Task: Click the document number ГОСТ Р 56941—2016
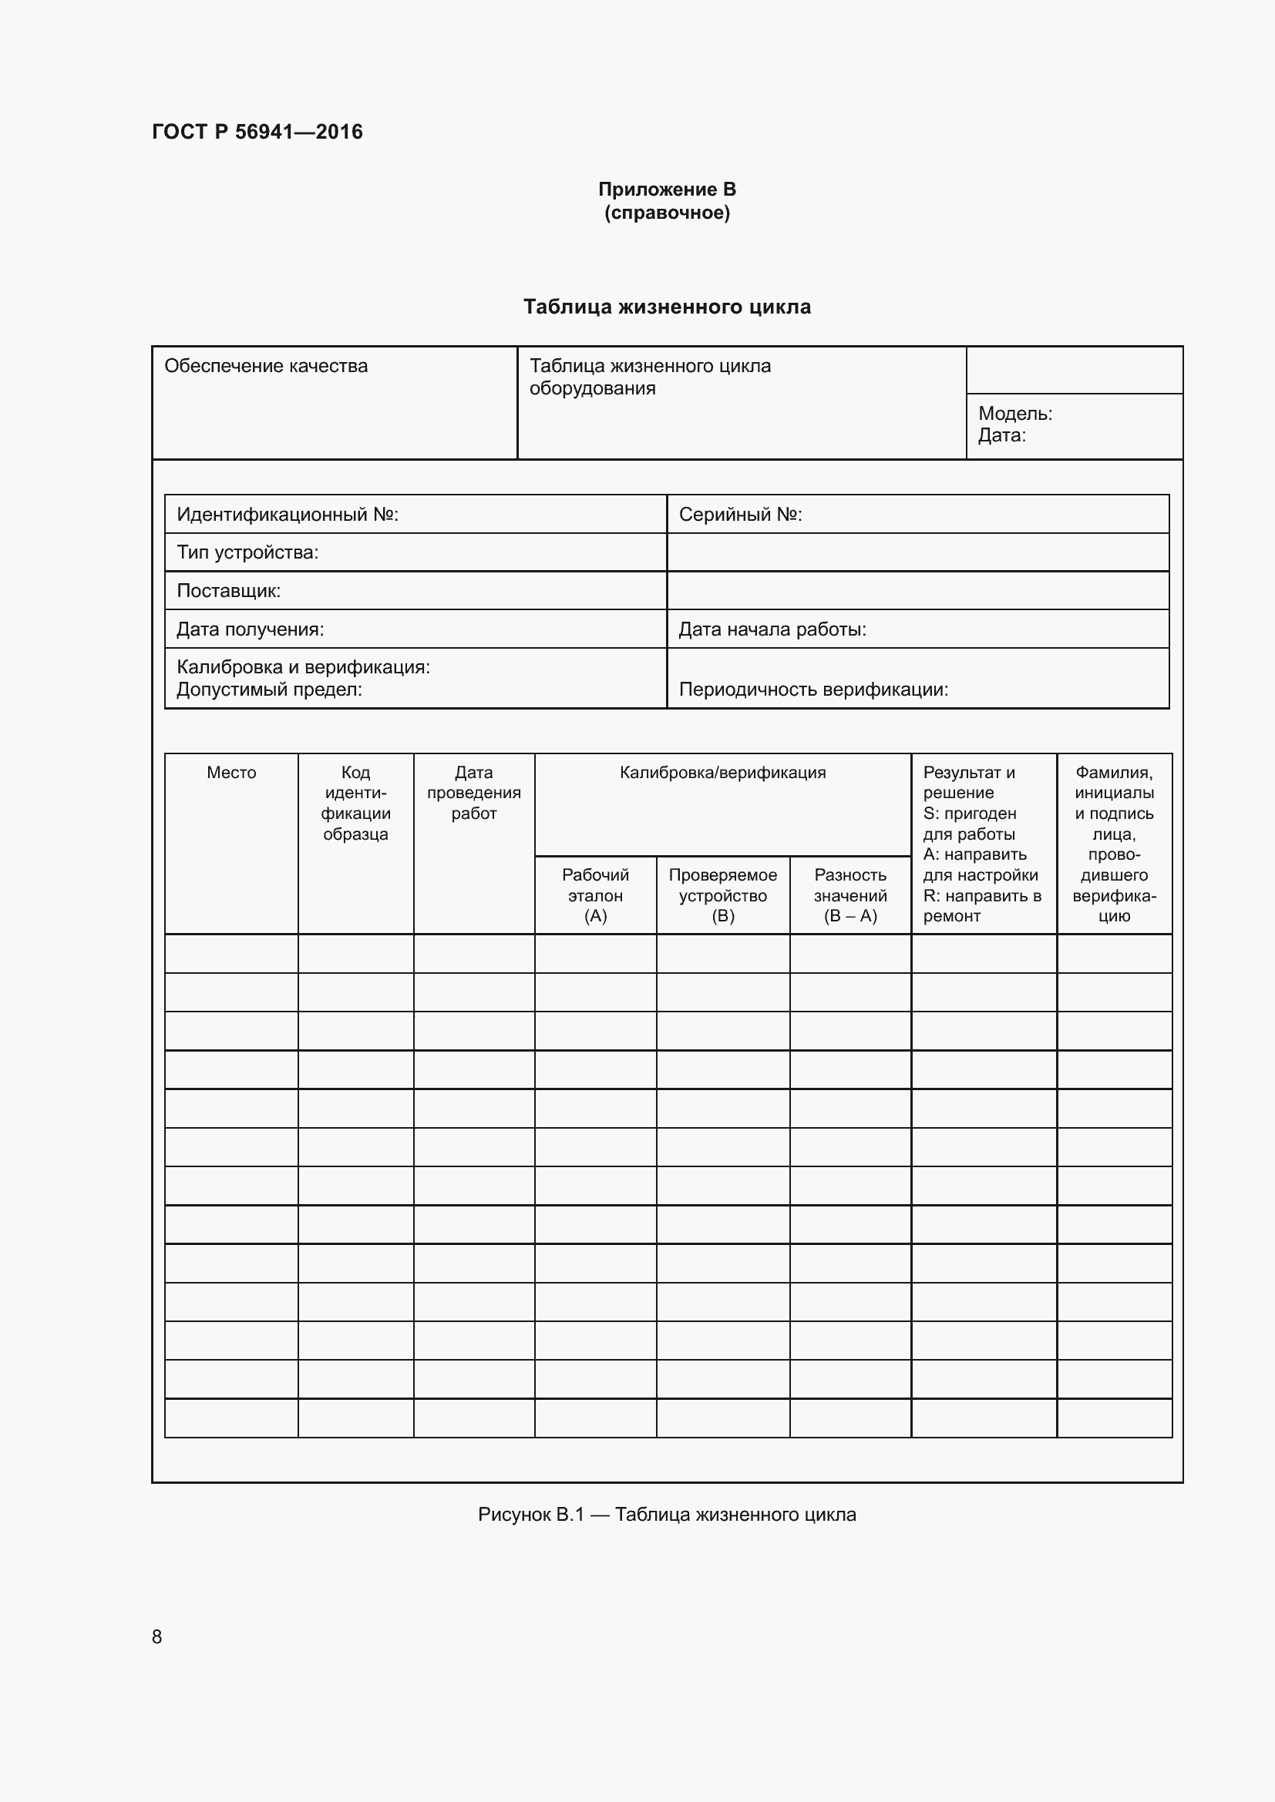pyautogui.click(x=257, y=132)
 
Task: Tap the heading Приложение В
pyautogui.click(x=667, y=190)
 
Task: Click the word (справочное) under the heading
pyautogui.click(x=667, y=213)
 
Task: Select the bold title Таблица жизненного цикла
pyautogui.click(x=667, y=307)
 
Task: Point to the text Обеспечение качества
pyautogui.click(x=265, y=366)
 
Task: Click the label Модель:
pyautogui.click(x=1014, y=414)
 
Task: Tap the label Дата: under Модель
pyautogui.click(x=1001, y=435)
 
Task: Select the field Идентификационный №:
pyautogui.click(x=288, y=515)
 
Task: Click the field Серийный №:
pyautogui.click(x=739, y=515)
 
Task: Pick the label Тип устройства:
pyautogui.click(x=247, y=552)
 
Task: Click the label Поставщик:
pyautogui.click(x=228, y=591)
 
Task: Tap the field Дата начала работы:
pyautogui.click(x=772, y=629)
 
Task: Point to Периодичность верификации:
pyautogui.click(x=812, y=690)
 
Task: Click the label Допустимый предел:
pyautogui.click(x=268, y=690)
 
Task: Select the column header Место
pyautogui.click(x=230, y=773)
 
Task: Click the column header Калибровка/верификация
pyautogui.click(x=722, y=773)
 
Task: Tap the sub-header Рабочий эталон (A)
pyautogui.click(x=595, y=895)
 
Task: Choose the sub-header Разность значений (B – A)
pyautogui.click(x=850, y=895)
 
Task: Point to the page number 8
pyautogui.click(x=157, y=1636)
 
